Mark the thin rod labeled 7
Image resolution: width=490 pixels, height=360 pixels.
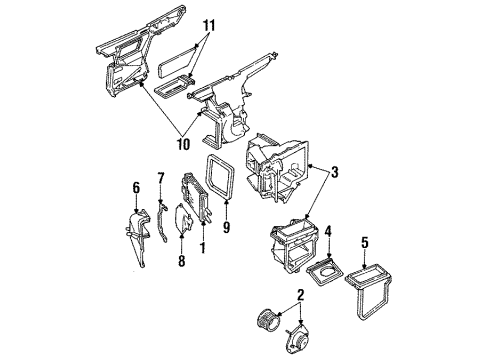point(161,225)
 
